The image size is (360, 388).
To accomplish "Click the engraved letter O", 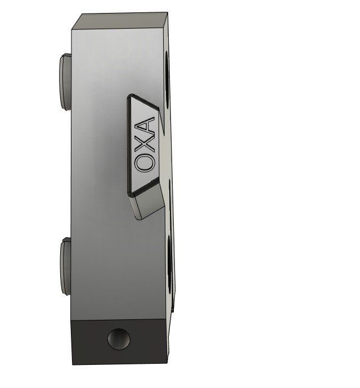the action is click(x=144, y=163).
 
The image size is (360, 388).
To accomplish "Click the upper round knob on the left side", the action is click(x=65, y=82).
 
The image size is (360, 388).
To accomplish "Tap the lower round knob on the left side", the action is click(x=65, y=266).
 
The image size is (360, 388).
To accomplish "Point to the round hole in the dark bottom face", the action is click(x=119, y=339).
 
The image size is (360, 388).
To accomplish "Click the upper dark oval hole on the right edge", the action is click(x=167, y=79).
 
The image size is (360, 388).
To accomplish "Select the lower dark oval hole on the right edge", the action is click(x=170, y=264).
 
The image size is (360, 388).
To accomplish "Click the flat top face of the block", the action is click(x=119, y=21).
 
